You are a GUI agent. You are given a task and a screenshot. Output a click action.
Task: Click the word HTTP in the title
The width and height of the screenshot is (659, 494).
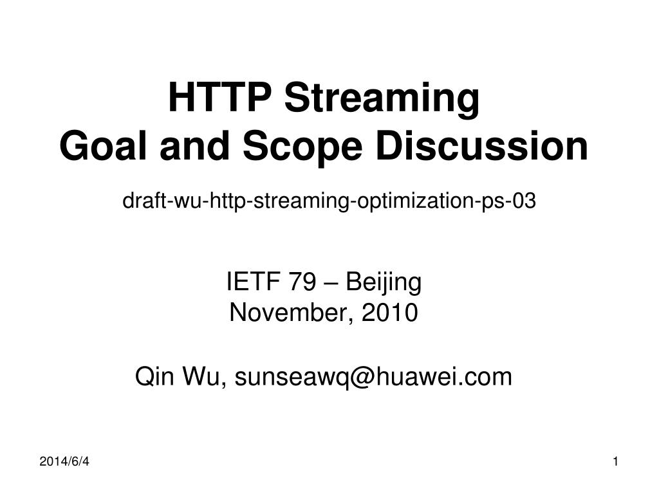219,98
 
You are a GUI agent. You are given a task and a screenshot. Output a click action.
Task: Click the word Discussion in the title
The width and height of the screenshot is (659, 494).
481,145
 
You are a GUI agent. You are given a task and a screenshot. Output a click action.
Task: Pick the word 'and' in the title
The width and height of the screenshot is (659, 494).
195,145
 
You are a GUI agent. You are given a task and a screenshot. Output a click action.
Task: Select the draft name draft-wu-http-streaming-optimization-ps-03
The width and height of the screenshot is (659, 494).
329,201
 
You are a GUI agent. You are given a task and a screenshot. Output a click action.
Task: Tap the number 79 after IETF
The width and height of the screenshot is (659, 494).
302,282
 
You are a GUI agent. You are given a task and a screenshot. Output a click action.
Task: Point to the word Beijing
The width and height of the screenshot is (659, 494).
384,283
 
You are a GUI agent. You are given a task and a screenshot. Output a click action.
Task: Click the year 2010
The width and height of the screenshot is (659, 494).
389,313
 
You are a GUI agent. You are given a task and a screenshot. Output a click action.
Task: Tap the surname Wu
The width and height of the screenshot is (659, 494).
204,376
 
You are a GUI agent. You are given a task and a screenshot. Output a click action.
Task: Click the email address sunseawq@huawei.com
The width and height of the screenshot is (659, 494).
373,376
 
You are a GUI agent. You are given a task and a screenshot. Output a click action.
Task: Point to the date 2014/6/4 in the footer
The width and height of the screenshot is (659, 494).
64,462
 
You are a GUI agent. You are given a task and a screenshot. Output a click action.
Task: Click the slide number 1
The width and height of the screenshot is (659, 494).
616,462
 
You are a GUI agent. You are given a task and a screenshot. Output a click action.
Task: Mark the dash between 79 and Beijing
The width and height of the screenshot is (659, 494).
331,283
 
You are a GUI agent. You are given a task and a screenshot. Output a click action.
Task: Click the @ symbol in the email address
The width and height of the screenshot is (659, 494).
362,377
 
